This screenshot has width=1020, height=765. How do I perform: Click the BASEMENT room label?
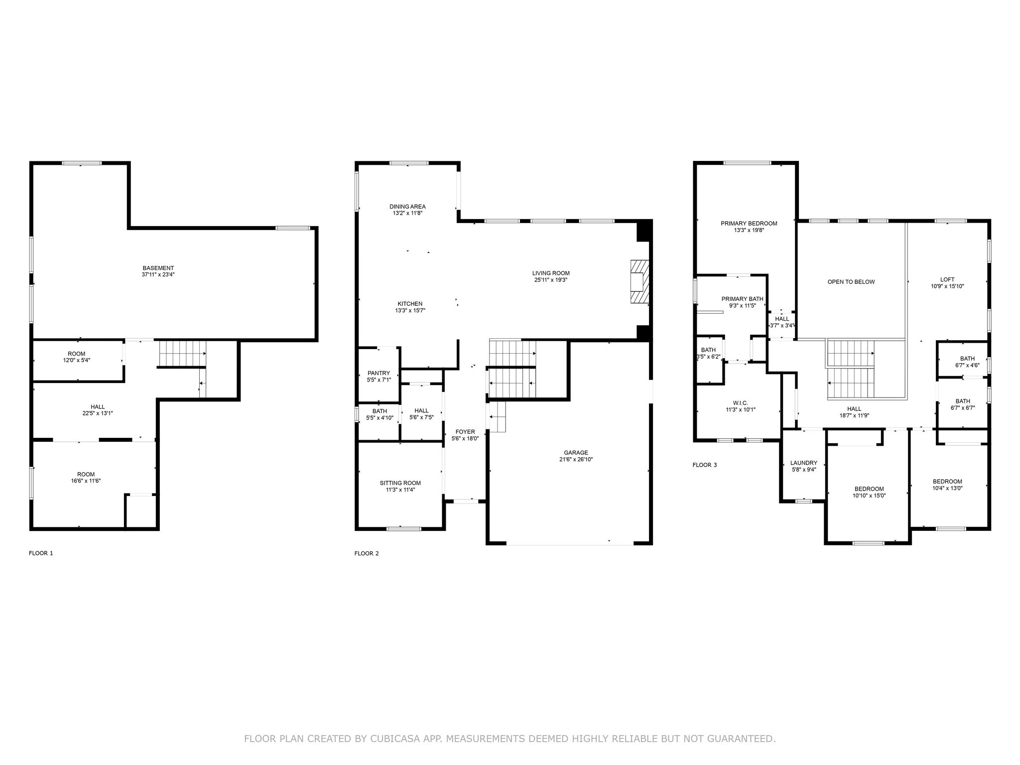coord(158,268)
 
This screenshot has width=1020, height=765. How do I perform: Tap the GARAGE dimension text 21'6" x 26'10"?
coord(576,460)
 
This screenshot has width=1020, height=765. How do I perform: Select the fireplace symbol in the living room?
coord(639,281)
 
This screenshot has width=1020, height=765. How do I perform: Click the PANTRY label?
coord(379,373)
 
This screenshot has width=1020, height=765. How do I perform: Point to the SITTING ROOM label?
coord(400,483)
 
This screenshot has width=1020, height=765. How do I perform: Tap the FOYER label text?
coord(465,432)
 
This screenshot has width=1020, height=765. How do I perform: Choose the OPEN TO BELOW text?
coord(851,282)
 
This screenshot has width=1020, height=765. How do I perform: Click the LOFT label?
coord(947,279)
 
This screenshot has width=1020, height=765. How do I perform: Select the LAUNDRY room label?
coord(803,463)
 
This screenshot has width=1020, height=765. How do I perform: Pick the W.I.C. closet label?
coord(740,403)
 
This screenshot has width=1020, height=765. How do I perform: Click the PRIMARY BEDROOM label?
coord(749,224)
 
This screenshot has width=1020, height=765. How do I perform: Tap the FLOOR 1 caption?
coord(41,553)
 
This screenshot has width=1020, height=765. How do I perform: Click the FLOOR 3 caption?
coord(704,465)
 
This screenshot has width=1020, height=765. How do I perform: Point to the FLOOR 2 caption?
coord(366,553)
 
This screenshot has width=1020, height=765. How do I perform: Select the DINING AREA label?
coord(407,207)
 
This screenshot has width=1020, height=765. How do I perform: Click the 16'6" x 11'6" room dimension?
coord(86,481)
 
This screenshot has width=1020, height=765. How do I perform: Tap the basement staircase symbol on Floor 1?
coord(182,353)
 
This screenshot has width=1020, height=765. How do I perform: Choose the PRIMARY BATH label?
coord(742,299)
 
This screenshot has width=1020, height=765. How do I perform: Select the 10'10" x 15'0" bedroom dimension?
coord(869,496)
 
